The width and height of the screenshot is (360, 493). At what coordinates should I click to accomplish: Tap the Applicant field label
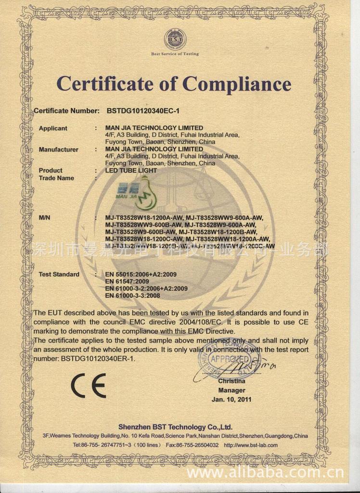(x=53, y=129)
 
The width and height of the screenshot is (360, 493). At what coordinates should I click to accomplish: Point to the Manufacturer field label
(x=58, y=150)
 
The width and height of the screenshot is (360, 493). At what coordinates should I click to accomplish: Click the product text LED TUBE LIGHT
(x=131, y=170)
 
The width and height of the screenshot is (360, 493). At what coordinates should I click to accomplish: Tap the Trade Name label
(x=56, y=178)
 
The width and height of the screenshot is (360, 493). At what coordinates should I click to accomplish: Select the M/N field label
(x=45, y=218)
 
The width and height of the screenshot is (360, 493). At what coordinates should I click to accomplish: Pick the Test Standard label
(x=59, y=274)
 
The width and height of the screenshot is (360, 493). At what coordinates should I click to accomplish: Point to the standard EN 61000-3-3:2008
(x=132, y=296)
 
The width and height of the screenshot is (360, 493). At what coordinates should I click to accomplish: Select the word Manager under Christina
(x=231, y=390)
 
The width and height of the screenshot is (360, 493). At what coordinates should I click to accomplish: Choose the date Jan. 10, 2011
(x=231, y=400)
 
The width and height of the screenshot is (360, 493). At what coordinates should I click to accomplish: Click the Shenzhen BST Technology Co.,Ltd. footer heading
(x=175, y=427)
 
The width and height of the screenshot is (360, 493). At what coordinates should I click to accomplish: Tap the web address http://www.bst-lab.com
(x=251, y=445)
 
